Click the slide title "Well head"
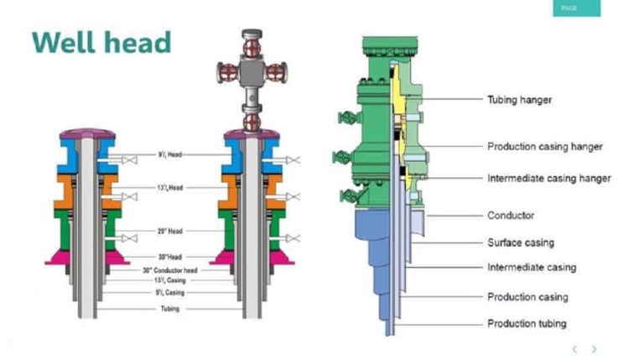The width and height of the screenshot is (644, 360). [101, 42]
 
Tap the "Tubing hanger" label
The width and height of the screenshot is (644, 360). [519, 100]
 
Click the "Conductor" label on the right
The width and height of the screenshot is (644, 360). [511, 216]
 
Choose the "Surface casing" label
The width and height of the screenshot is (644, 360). [521, 243]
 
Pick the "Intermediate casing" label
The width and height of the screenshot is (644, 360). [532, 268]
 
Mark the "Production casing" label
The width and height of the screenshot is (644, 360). [527, 297]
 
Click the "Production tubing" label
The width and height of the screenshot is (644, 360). [527, 323]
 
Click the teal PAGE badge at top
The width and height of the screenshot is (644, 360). [574, 8]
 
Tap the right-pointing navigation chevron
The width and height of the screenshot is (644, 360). [595, 349]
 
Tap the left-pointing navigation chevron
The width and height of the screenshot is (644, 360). [574, 349]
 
